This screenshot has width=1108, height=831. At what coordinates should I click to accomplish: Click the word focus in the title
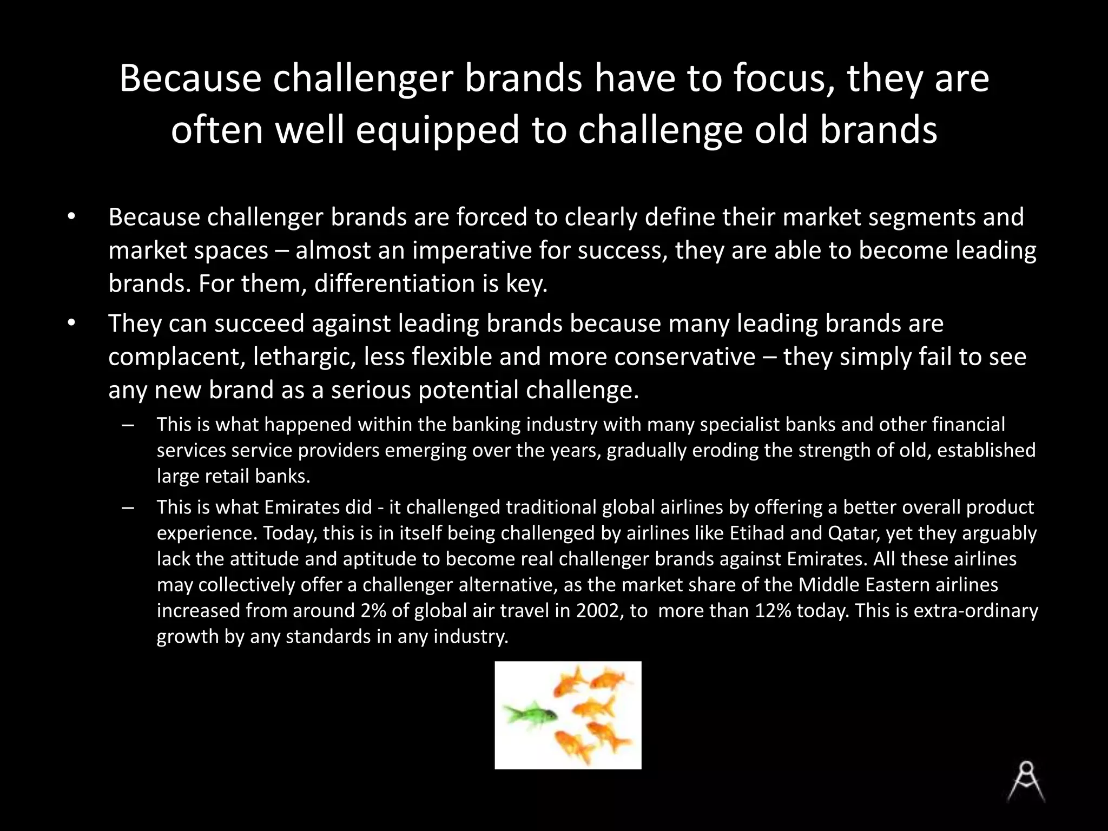click(783, 78)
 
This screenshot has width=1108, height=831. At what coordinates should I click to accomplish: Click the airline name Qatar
click(852, 533)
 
